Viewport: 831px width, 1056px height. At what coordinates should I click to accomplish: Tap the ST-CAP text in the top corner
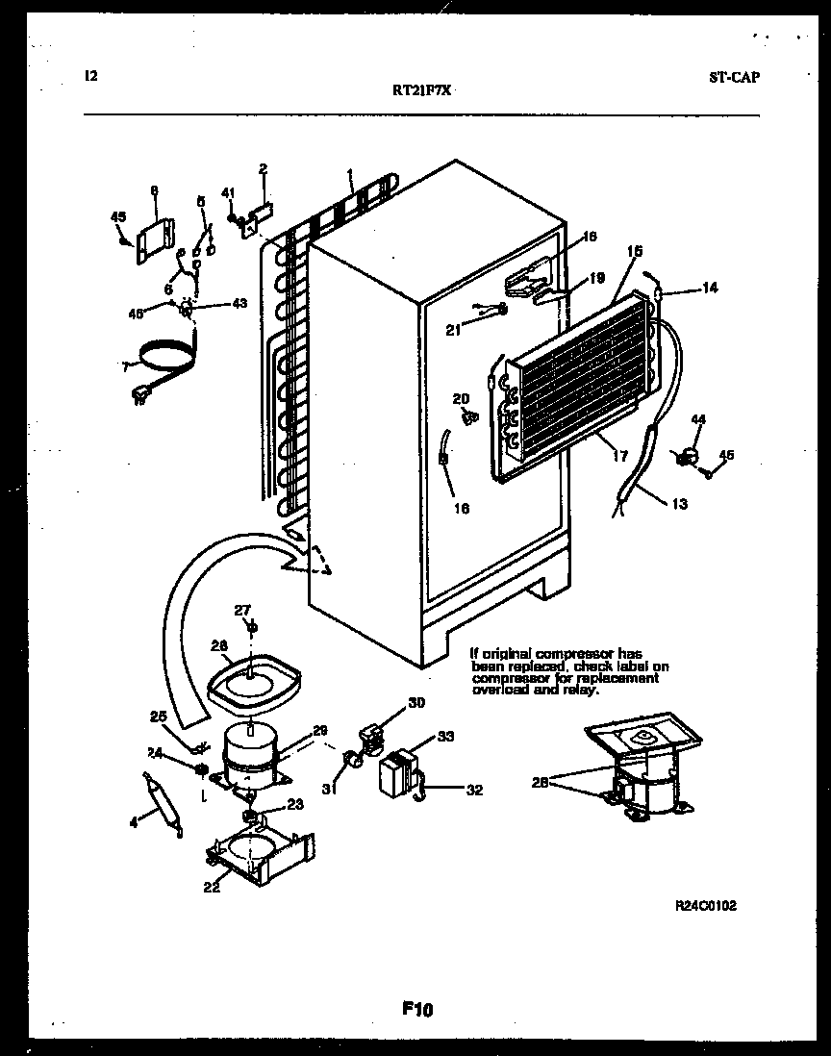click(x=733, y=78)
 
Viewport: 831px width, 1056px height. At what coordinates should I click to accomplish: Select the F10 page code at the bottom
click(x=416, y=1009)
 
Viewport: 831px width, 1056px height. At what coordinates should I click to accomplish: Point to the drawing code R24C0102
click(x=708, y=905)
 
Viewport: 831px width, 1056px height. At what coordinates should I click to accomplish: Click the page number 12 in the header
click(x=90, y=77)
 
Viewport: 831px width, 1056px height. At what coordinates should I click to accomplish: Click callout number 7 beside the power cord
click(x=124, y=365)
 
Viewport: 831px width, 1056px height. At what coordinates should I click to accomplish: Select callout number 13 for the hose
click(x=679, y=503)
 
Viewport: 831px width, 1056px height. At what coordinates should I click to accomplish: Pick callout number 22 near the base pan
click(x=211, y=887)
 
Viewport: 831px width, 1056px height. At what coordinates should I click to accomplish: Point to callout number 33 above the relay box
click(x=445, y=737)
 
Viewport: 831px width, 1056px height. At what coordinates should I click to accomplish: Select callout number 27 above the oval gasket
click(x=242, y=609)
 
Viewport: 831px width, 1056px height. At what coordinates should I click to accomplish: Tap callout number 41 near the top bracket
click(x=228, y=192)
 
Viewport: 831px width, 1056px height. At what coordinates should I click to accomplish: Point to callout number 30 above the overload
click(x=415, y=702)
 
